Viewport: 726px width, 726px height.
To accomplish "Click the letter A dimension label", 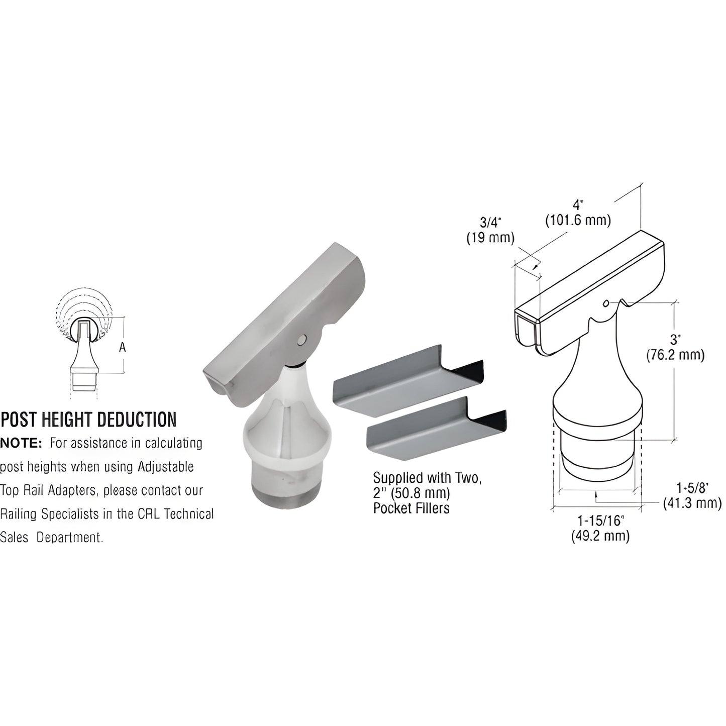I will tap(122, 346).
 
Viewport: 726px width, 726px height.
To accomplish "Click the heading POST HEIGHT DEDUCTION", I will tap(89, 420).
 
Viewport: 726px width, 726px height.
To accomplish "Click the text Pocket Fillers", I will tap(411, 508).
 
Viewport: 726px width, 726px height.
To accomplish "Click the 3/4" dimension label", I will tap(491, 222).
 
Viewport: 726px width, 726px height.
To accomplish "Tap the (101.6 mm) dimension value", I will tap(578, 220).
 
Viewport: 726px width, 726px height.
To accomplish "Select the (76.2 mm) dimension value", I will tap(675, 355).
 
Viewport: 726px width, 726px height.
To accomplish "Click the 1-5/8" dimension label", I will tap(692, 487).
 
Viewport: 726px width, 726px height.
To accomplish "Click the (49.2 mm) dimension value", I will tap(600, 536).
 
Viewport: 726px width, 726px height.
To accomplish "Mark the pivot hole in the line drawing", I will tap(606, 303).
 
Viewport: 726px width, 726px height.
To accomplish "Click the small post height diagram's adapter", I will tap(83, 357).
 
